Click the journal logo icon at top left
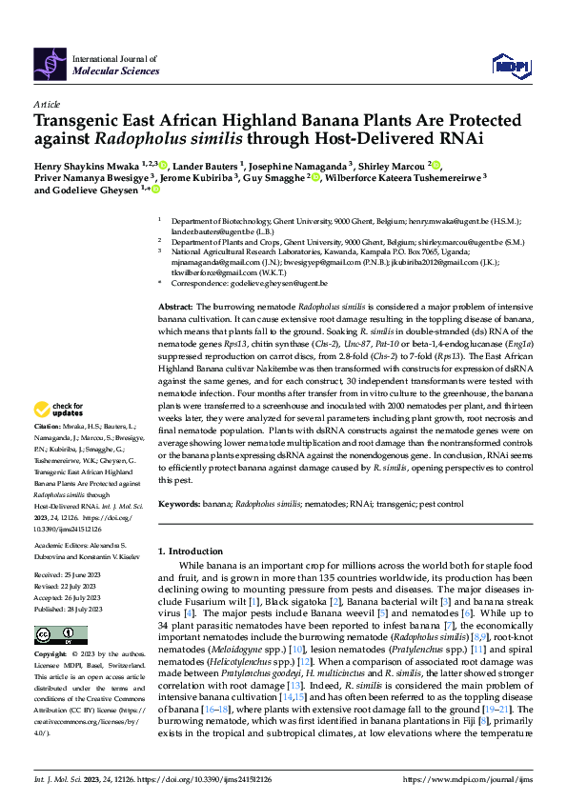click(x=50, y=63)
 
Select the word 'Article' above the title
click(x=46, y=103)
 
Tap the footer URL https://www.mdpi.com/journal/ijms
click(x=472, y=779)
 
